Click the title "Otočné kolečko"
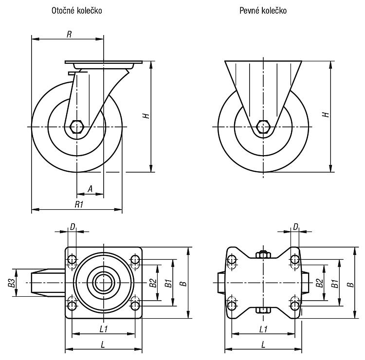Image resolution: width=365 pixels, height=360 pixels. (76, 11)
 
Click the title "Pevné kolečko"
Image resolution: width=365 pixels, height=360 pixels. (263, 11)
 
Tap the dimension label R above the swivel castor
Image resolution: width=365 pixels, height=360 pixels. (69, 35)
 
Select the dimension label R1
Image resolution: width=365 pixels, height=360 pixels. (79, 204)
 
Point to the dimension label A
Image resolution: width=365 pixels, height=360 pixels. (90, 189)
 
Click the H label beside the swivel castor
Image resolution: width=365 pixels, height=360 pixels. (146, 116)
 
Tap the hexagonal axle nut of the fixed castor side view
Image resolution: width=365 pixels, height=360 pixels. (263, 127)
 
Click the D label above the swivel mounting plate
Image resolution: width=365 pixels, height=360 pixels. (73, 227)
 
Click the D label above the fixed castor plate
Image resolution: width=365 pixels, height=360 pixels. (295, 227)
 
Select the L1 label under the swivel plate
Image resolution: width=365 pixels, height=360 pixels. (103, 329)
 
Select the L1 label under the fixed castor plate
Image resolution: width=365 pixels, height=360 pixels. (263, 329)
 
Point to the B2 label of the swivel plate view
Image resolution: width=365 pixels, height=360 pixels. (153, 283)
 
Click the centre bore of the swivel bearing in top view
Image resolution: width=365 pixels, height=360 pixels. (104, 283)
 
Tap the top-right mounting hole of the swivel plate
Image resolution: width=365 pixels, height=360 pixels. (135, 259)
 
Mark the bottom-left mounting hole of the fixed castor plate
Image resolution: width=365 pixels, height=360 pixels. (232, 306)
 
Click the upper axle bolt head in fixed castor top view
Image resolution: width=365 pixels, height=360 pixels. (263, 254)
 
